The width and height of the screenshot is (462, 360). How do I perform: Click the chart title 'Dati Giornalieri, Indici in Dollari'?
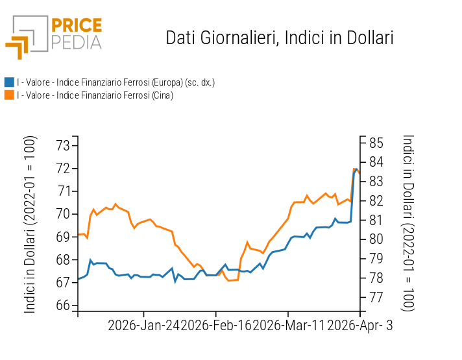coord(280,38)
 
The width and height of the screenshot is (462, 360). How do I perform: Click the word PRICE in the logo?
coord(77,26)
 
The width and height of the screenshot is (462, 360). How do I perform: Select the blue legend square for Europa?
coord(9,82)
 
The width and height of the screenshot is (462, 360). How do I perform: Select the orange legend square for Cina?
coord(9,95)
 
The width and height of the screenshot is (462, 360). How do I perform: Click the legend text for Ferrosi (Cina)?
coord(95,95)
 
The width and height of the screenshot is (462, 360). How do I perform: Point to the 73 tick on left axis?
coord(63,145)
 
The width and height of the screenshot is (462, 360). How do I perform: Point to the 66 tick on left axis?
coord(63,306)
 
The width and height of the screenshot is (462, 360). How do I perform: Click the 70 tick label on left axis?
coord(63,214)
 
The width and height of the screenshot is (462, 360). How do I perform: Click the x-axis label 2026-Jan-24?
coord(144,326)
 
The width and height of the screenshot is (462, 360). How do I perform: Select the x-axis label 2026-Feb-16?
coord(216,326)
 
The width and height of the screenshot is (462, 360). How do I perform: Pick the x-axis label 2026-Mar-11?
coord(288,326)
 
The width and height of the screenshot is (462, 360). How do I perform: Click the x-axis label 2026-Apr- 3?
coord(359,326)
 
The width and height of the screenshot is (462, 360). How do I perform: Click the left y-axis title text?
coord(30,225)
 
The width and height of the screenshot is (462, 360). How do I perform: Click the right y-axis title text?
coord(407,222)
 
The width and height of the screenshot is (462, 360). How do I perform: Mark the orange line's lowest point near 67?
coord(229,280)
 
